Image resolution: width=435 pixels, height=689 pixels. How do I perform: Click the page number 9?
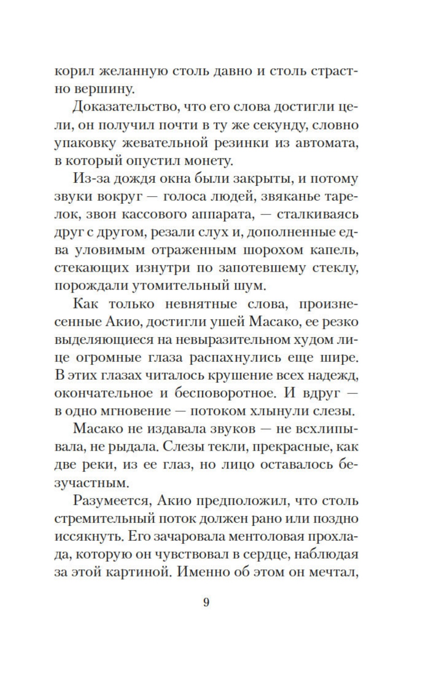click(206, 603)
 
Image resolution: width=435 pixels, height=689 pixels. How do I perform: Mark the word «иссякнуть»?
click(83, 536)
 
